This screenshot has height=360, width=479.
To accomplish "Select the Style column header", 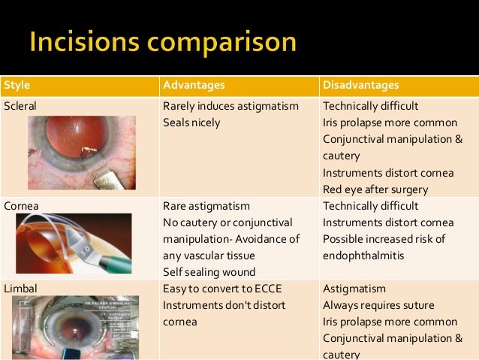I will coord(16,84).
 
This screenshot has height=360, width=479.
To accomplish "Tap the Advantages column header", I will coord(194,84).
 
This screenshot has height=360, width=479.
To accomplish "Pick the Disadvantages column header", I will coord(360,84).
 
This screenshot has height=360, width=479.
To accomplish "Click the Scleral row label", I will coord(20,106).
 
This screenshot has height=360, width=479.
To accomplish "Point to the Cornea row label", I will coord(20,205).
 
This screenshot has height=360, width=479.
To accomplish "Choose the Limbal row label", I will coord(20,288).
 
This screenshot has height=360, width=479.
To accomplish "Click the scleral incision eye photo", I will coord(82,151).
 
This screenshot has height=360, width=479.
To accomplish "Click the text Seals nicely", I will coord(191,123).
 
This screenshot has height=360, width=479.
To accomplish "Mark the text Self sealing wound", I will coord(208,271).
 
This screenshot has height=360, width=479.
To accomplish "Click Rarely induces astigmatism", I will coord(230,106).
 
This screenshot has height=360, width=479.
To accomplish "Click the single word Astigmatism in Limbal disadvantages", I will coord(354,288).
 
